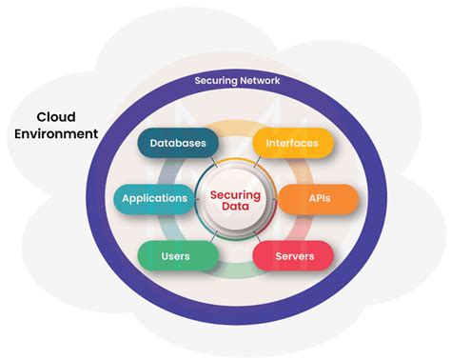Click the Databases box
[x=178, y=142]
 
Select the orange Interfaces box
[x=292, y=142]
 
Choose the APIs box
[x=317, y=199]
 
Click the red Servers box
[x=292, y=255]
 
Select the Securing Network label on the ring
[x=237, y=81]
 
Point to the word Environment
[x=55, y=134]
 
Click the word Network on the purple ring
[x=260, y=81]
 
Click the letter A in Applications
[x=125, y=199]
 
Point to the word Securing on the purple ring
[x=215, y=81]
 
